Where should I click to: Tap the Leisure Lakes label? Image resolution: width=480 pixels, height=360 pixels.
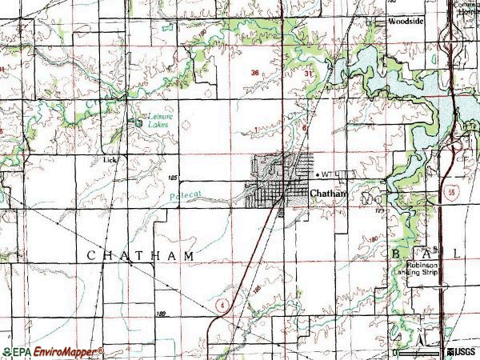click(159, 120)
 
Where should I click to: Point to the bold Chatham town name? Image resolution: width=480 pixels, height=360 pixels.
click(328, 193)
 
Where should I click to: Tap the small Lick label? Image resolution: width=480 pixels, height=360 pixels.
click(110, 159)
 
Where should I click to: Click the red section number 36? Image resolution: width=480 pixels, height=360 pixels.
click(254, 73)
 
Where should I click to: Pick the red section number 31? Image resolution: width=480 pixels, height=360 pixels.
click(309, 73)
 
